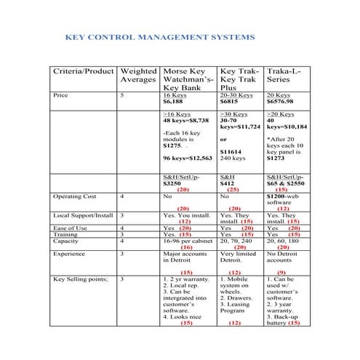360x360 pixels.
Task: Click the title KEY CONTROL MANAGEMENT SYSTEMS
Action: pyautogui.click(x=160, y=36)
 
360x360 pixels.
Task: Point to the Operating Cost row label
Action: pyautogui.click(x=75, y=196)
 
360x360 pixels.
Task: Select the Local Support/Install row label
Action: pyautogui.click(x=84, y=215)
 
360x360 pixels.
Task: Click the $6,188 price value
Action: pyautogui.click(x=174, y=103)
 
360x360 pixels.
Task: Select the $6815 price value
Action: pyautogui.click(x=230, y=103)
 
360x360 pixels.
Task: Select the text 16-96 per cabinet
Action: pyautogui.click(x=188, y=241)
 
